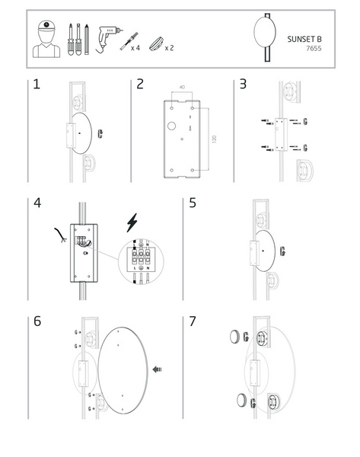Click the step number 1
pyautogui.click(x=37, y=84)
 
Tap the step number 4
pyautogui.click(x=37, y=203)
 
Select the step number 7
pyautogui.click(x=193, y=321)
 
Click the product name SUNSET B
pyautogui.click(x=304, y=39)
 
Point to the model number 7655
pyautogui.click(x=314, y=48)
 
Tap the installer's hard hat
pyautogui.click(x=46, y=26)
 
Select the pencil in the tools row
pyautogui.click(x=87, y=40)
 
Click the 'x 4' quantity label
pyautogui.click(x=135, y=48)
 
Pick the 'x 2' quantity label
pyautogui.click(x=169, y=48)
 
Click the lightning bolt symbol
pyautogui.click(x=132, y=222)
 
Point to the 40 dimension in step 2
pyautogui.click(x=182, y=87)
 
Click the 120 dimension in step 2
pyautogui.click(x=215, y=139)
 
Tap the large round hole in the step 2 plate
pyautogui.click(x=171, y=126)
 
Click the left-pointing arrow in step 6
pyautogui.click(x=158, y=369)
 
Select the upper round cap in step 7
pyautogui.click(x=234, y=337)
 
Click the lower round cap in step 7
pyautogui.click(x=242, y=400)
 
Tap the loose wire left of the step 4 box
pyautogui.click(x=61, y=235)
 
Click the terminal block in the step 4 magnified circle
pyautogui.click(x=141, y=257)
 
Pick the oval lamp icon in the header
pyautogui.click(x=265, y=32)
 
